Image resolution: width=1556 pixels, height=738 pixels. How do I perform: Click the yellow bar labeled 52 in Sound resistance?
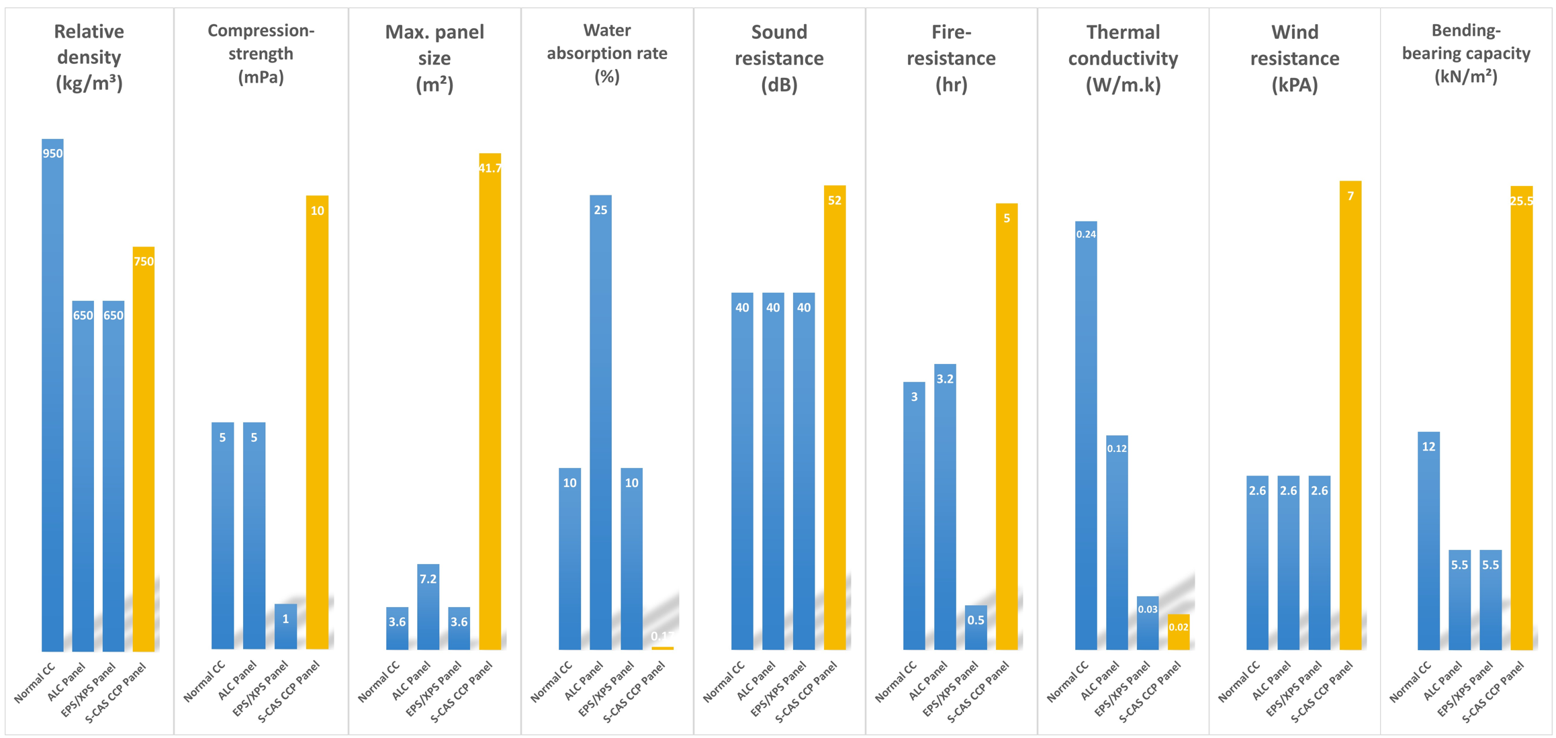(834, 417)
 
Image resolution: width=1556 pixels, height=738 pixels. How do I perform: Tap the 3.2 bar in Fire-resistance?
(944, 506)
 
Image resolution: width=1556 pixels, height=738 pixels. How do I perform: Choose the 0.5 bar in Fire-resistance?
(975, 627)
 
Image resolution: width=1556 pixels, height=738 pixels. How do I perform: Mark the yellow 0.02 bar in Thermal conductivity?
(1178, 632)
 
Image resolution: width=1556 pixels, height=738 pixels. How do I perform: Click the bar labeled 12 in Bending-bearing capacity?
(1428, 541)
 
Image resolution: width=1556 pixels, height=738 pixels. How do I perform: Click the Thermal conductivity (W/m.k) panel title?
(1122, 58)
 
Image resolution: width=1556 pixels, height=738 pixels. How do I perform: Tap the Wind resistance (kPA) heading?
(1294, 58)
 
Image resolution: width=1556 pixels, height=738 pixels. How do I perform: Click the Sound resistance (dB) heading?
(778, 58)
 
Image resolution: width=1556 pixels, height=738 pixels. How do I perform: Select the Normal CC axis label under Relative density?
(35, 684)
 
